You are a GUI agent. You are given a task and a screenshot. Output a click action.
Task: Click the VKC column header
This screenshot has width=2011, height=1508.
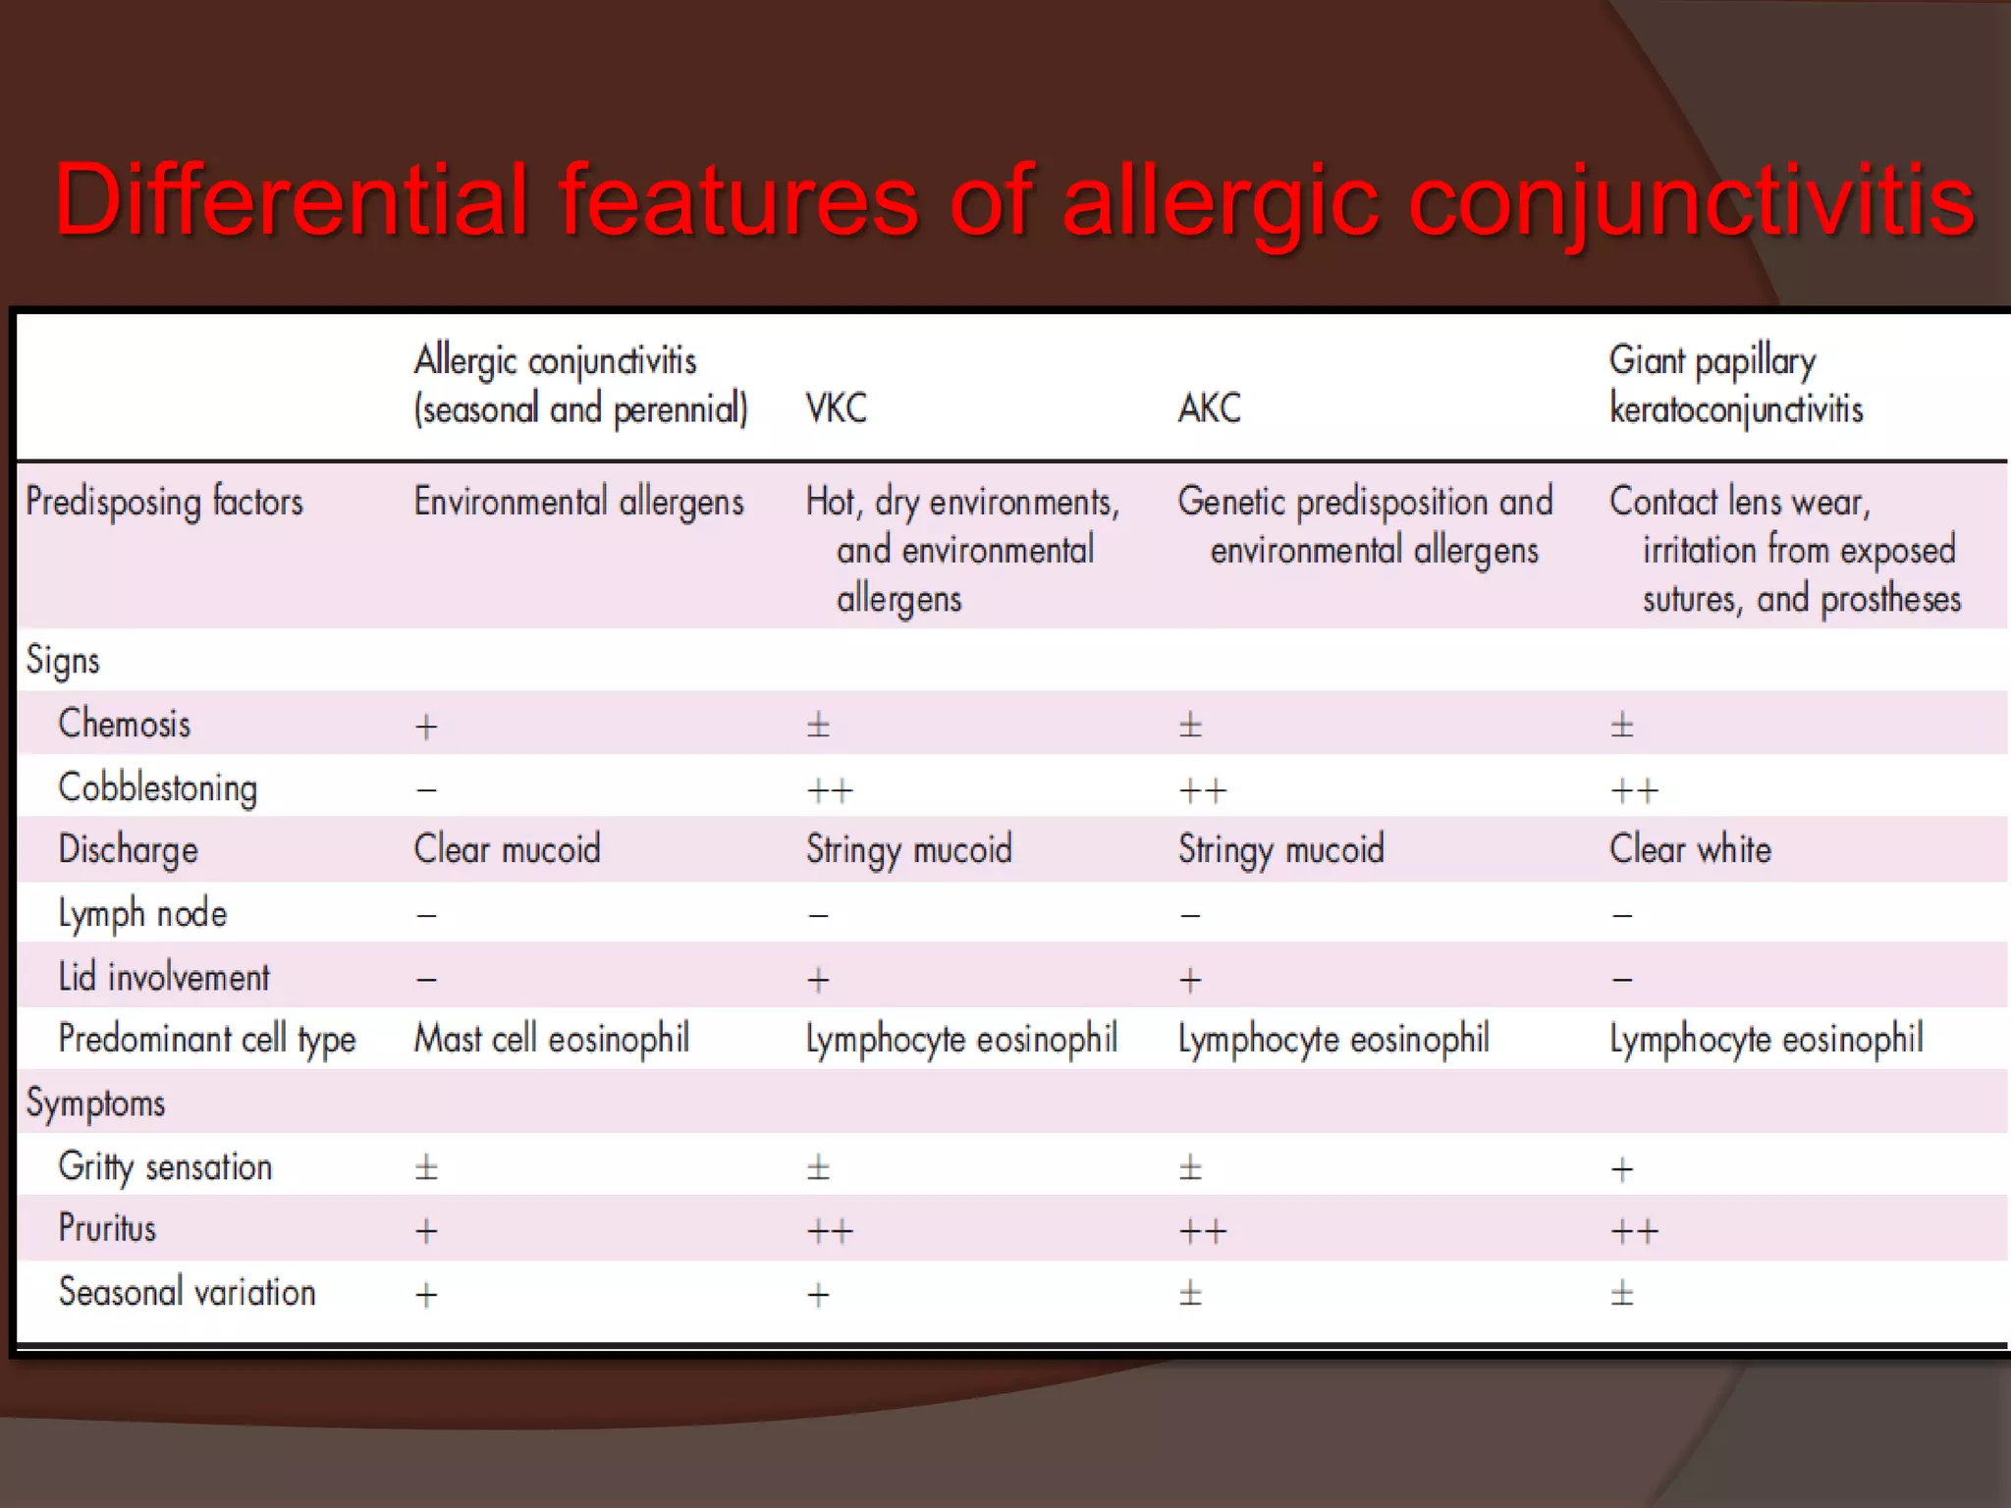[837, 408]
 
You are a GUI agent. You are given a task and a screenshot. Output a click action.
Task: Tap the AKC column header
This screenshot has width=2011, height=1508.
[1210, 408]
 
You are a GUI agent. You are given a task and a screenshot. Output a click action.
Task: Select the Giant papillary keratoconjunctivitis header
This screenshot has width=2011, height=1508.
[1735, 385]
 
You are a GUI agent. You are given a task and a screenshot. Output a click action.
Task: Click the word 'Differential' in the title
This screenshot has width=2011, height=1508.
[291, 200]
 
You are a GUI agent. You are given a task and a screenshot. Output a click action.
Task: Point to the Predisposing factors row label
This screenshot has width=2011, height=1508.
[164, 503]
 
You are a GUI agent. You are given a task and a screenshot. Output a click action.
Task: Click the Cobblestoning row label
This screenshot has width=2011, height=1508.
[158, 788]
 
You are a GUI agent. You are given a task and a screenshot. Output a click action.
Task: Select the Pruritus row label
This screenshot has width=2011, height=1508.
[107, 1228]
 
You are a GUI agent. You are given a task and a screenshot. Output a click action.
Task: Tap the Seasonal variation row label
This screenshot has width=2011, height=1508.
[187, 1292]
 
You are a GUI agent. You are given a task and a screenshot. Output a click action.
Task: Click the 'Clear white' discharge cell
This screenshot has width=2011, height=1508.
[1690, 849]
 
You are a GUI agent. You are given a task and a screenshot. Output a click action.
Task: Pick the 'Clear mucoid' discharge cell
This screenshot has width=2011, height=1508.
[507, 849]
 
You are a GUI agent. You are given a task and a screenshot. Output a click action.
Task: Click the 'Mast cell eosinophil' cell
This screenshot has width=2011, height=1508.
[551, 1039]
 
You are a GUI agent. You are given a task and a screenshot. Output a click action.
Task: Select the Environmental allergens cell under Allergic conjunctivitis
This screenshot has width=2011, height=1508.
[578, 503]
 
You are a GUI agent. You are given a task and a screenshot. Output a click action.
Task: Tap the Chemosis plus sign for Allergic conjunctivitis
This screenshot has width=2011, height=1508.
[426, 727]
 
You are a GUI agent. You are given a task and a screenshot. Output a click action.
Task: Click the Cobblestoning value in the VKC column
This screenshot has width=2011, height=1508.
[830, 790]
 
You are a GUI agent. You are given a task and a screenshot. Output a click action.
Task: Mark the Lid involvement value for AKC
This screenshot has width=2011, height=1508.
[1190, 980]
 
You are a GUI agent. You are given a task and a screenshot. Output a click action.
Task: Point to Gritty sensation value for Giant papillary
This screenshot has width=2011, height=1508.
[1622, 1169]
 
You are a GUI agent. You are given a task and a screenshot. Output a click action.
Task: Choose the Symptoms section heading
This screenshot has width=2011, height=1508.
[95, 1104]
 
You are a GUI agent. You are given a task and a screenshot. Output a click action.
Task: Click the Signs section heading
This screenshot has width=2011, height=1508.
[63, 661]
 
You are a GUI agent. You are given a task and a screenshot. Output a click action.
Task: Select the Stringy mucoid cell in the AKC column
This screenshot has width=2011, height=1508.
[1280, 849]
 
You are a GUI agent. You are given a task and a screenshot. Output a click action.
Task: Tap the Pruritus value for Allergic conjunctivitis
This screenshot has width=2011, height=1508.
[426, 1231]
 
